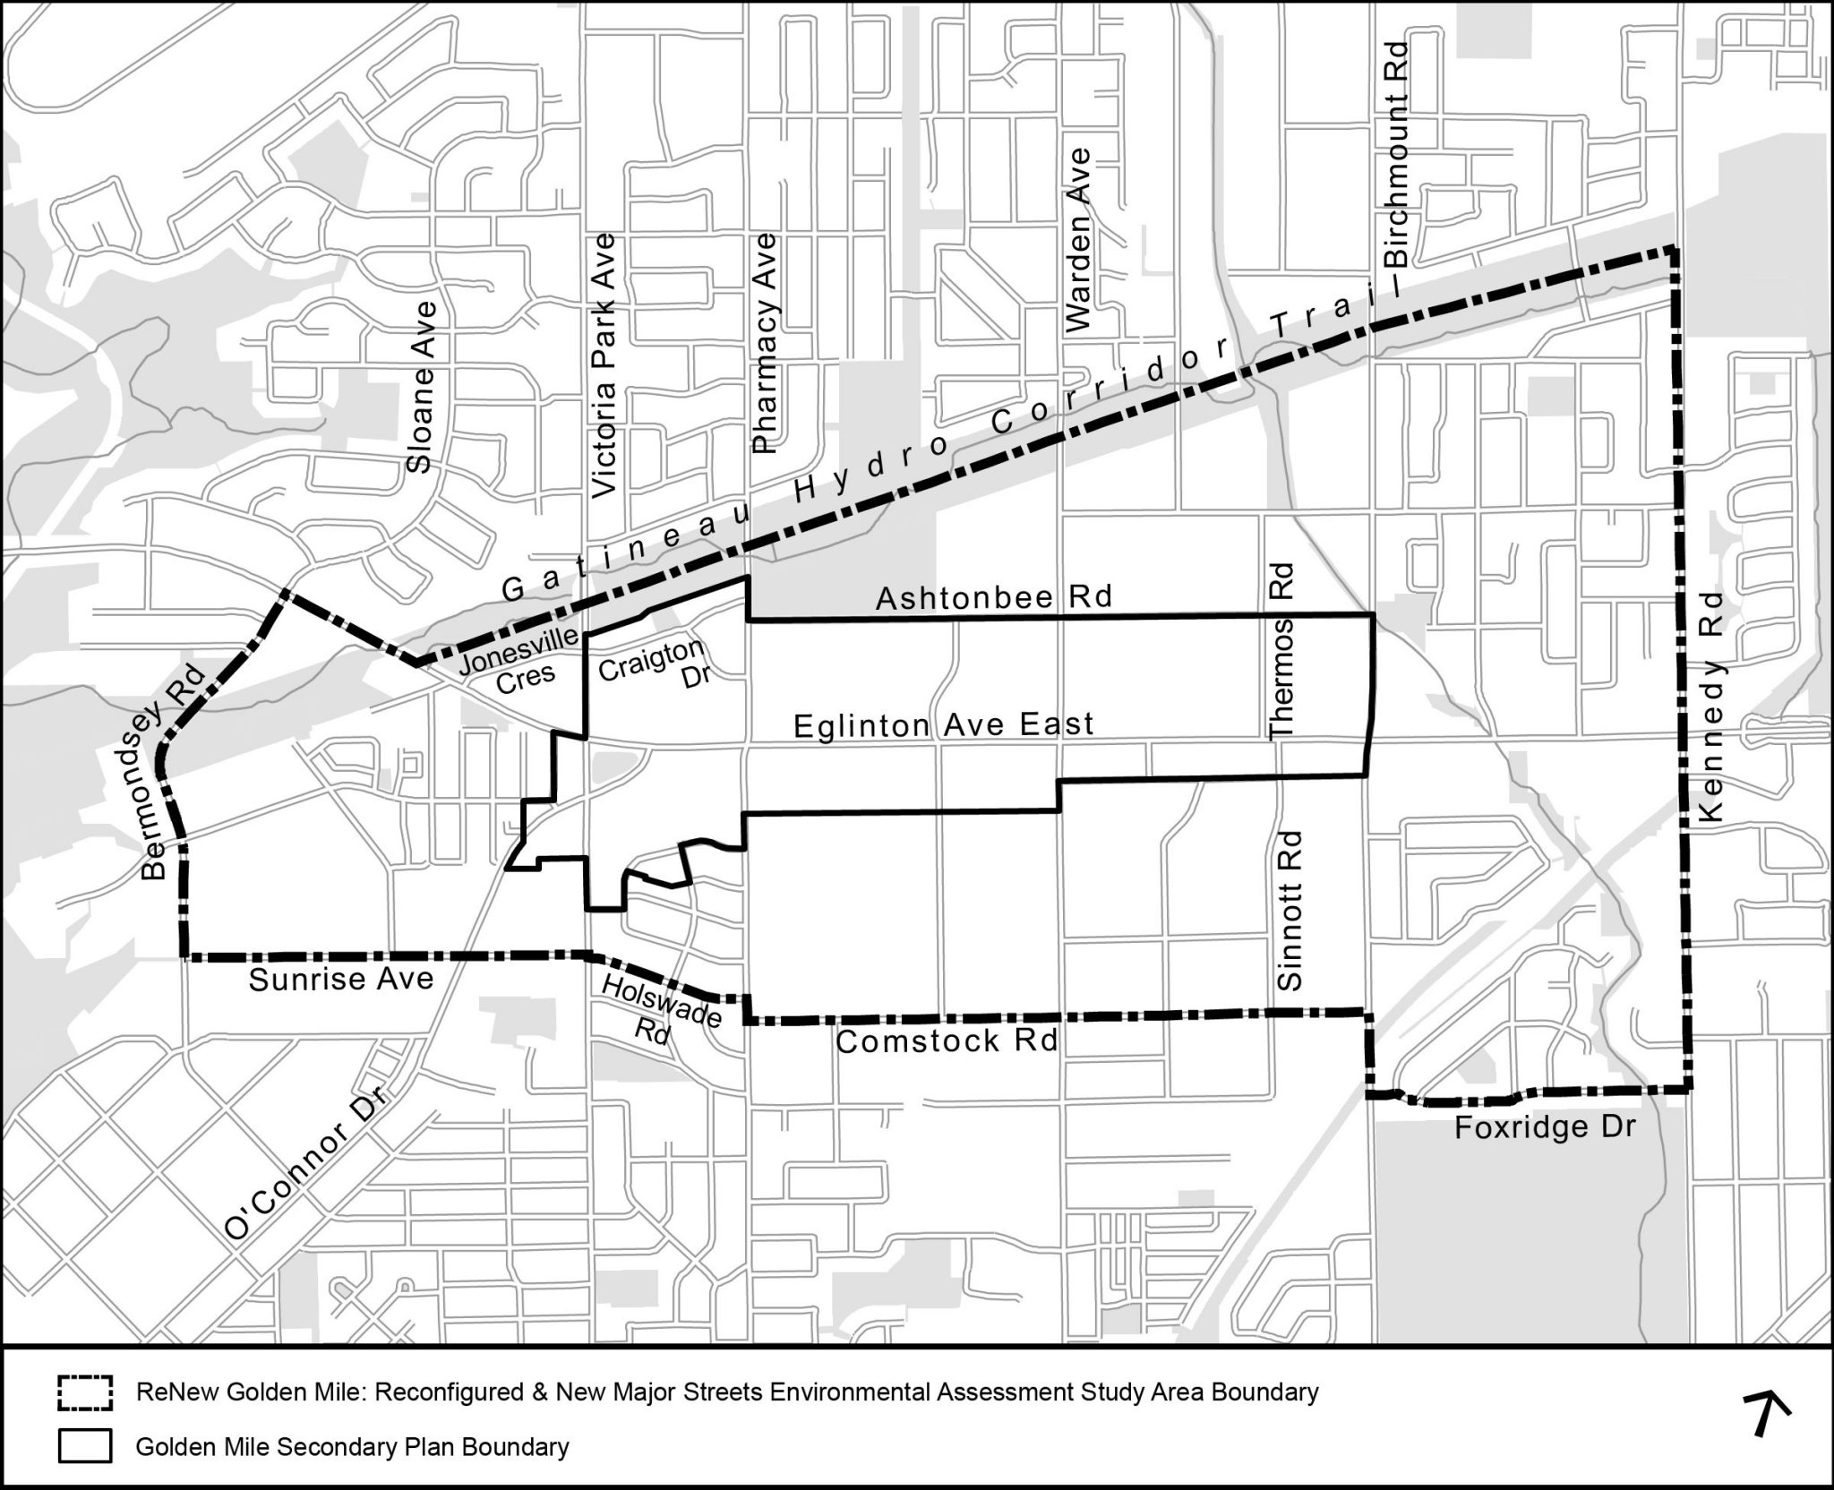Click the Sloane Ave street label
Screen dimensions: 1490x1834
[420, 386]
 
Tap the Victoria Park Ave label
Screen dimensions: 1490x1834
[606, 365]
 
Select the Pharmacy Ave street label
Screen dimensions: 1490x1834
[766, 343]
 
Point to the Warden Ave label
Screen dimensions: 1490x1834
[1080, 240]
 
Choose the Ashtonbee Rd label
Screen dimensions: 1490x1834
[993, 597]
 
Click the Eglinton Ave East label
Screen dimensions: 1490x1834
[944, 724]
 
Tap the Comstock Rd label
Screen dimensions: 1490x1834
[947, 1040]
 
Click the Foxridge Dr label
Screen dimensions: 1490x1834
[1545, 1126]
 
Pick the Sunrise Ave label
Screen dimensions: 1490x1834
[340, 980]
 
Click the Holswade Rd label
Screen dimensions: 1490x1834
[661, 1009]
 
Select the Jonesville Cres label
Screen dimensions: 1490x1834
[519, 664]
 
